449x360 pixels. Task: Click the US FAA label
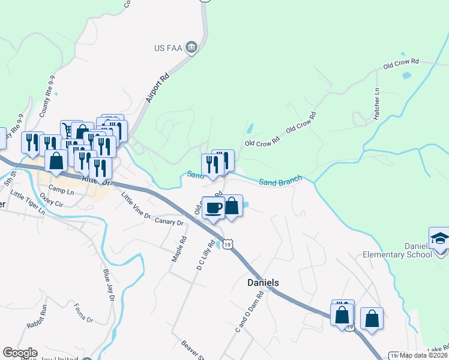pyautogui.click(x=168, y=48)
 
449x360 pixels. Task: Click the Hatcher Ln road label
pyautogui.click(x=377, y=104)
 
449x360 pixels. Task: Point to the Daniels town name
pyautogui.click(x=264, y=282)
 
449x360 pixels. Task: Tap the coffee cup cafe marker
pyautogui.click(x=214, y=208)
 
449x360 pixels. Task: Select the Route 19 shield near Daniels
pyautogui.click(x=226, y=244)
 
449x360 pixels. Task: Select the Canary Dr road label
pyautogui.click(x=169, y=222)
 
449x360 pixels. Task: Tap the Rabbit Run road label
pyautogui.click(x=37, y=317)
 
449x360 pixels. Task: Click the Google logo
pyautogui.click(x=20, y=353)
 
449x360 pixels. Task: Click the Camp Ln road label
pyautogui.click(x=61, y=189)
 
